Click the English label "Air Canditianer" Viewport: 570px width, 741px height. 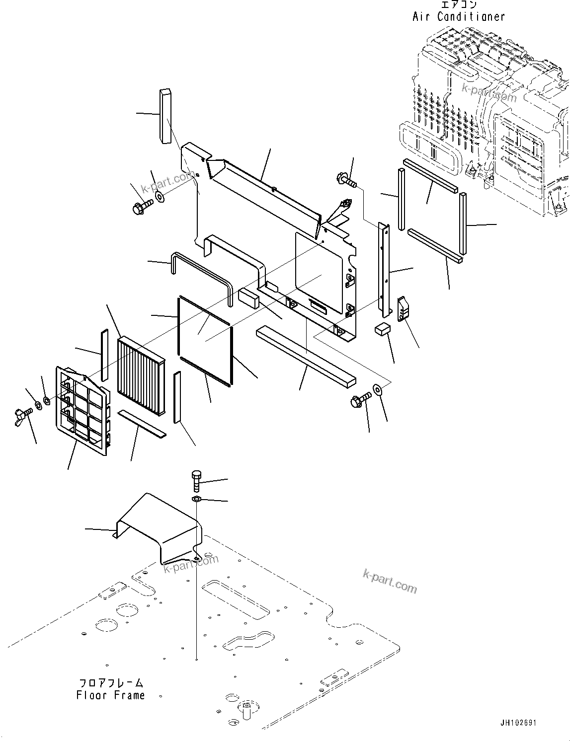pos(458,16)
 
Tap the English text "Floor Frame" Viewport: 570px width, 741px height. pos(110,695)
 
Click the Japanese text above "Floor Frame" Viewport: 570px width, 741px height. pos(110,683)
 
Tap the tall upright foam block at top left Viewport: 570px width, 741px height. pos(165,116)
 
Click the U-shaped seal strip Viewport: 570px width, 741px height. pos(201,278)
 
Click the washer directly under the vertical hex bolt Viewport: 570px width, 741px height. pos(196,499)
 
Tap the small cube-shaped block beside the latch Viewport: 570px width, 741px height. pos(383,329)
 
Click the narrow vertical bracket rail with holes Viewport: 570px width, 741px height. pos(384,271)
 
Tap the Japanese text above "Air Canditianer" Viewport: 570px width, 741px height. pos(458,5)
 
